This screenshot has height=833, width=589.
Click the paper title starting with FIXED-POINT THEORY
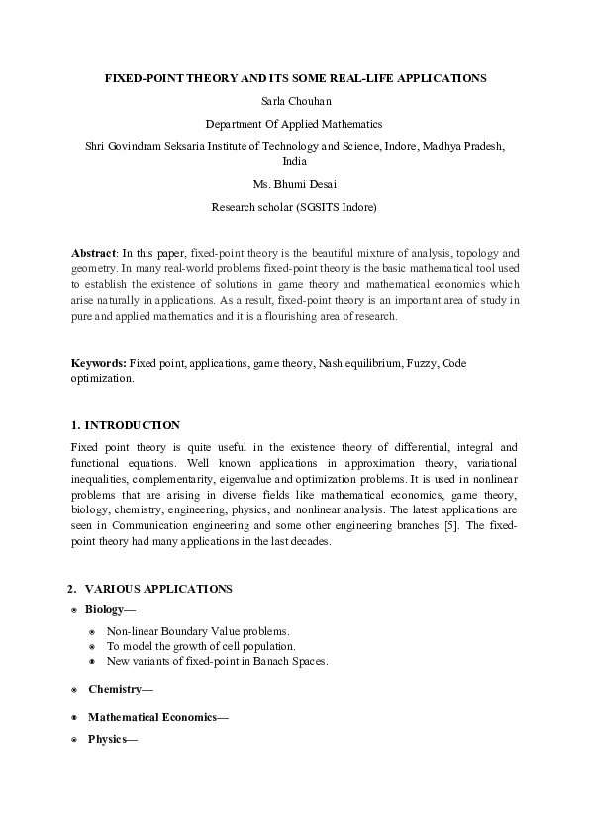pyautogui.click(x=296, y=77)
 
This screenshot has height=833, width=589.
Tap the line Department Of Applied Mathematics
pyautogui.click(x=293, y=124)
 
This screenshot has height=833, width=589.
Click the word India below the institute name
pyautogui.click(x=294, y=160)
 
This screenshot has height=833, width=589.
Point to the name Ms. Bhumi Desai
pyautogui.click(x=294, y=184)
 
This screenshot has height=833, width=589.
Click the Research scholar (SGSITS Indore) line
pyautogui.click(x=294, y=208)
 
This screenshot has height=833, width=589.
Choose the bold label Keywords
pyautogui.click(x=98, y=364)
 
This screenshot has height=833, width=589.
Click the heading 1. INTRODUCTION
pyautogui.click(x=126, y=425)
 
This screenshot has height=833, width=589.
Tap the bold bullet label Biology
pyautogui.click(x=106, y=610)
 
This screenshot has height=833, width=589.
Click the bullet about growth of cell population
pyautogui.click(x=201, y=646)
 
